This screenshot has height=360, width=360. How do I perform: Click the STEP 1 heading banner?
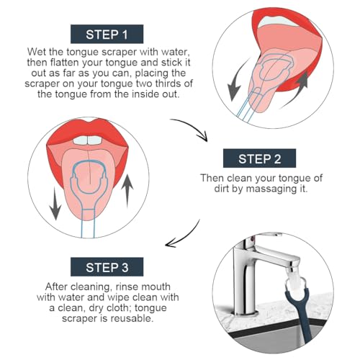(x=107, y=34)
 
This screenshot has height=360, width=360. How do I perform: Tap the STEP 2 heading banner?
(x=259, y=158)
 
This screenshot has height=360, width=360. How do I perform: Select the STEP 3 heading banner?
(x=107, y=267)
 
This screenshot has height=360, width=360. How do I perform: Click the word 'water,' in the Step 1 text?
(x=176, y=52)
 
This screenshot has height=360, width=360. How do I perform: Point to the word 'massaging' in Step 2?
(x=272, y=189)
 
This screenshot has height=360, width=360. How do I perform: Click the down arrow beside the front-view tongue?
(x=55, y=204)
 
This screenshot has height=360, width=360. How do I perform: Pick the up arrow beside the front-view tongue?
(x=127, y=190)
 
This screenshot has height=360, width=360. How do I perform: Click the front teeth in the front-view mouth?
(x=88, y=140)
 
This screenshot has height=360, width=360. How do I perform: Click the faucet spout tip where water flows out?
(x=292, y=271)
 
